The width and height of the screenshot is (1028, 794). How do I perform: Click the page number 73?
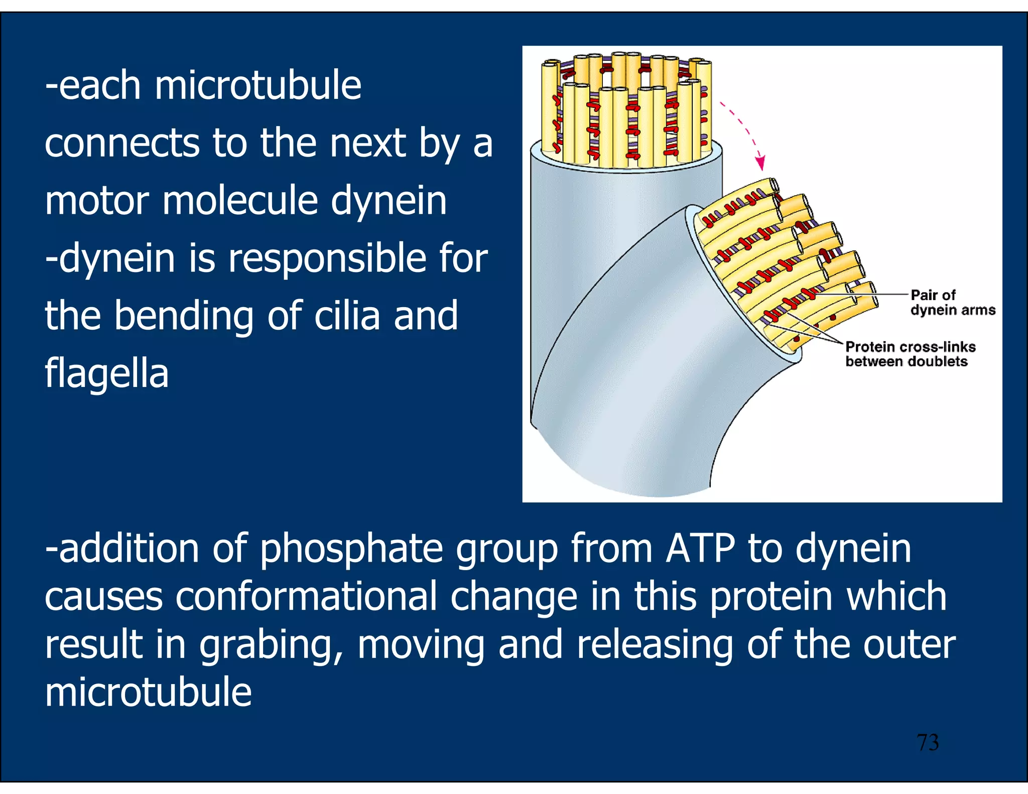(928, 742)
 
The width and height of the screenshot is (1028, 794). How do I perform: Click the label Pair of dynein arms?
(952, 302)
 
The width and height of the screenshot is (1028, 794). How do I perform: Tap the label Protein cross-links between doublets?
(910, 354)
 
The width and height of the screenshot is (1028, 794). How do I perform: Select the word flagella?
(106, 373)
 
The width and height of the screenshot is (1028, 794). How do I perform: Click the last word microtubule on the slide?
(148, 692)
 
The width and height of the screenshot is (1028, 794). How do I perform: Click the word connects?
(122, 143)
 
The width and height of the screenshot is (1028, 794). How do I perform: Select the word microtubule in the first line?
(258, 85)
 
